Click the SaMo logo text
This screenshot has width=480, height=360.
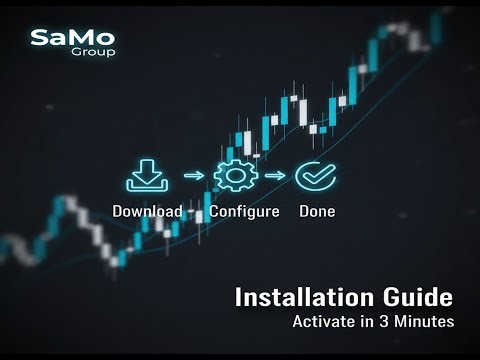click(72, 38)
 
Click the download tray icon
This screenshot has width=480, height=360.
click(147, 176)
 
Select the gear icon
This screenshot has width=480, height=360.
click(236, 176)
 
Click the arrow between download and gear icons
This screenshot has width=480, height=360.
click(192, 177)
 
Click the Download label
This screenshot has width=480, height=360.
click(147, 212)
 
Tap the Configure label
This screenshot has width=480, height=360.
click(244, 212)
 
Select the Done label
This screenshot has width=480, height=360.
click(317, 212)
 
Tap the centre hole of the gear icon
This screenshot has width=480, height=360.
click(236, 176)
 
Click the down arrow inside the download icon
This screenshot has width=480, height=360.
click(147, 171)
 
